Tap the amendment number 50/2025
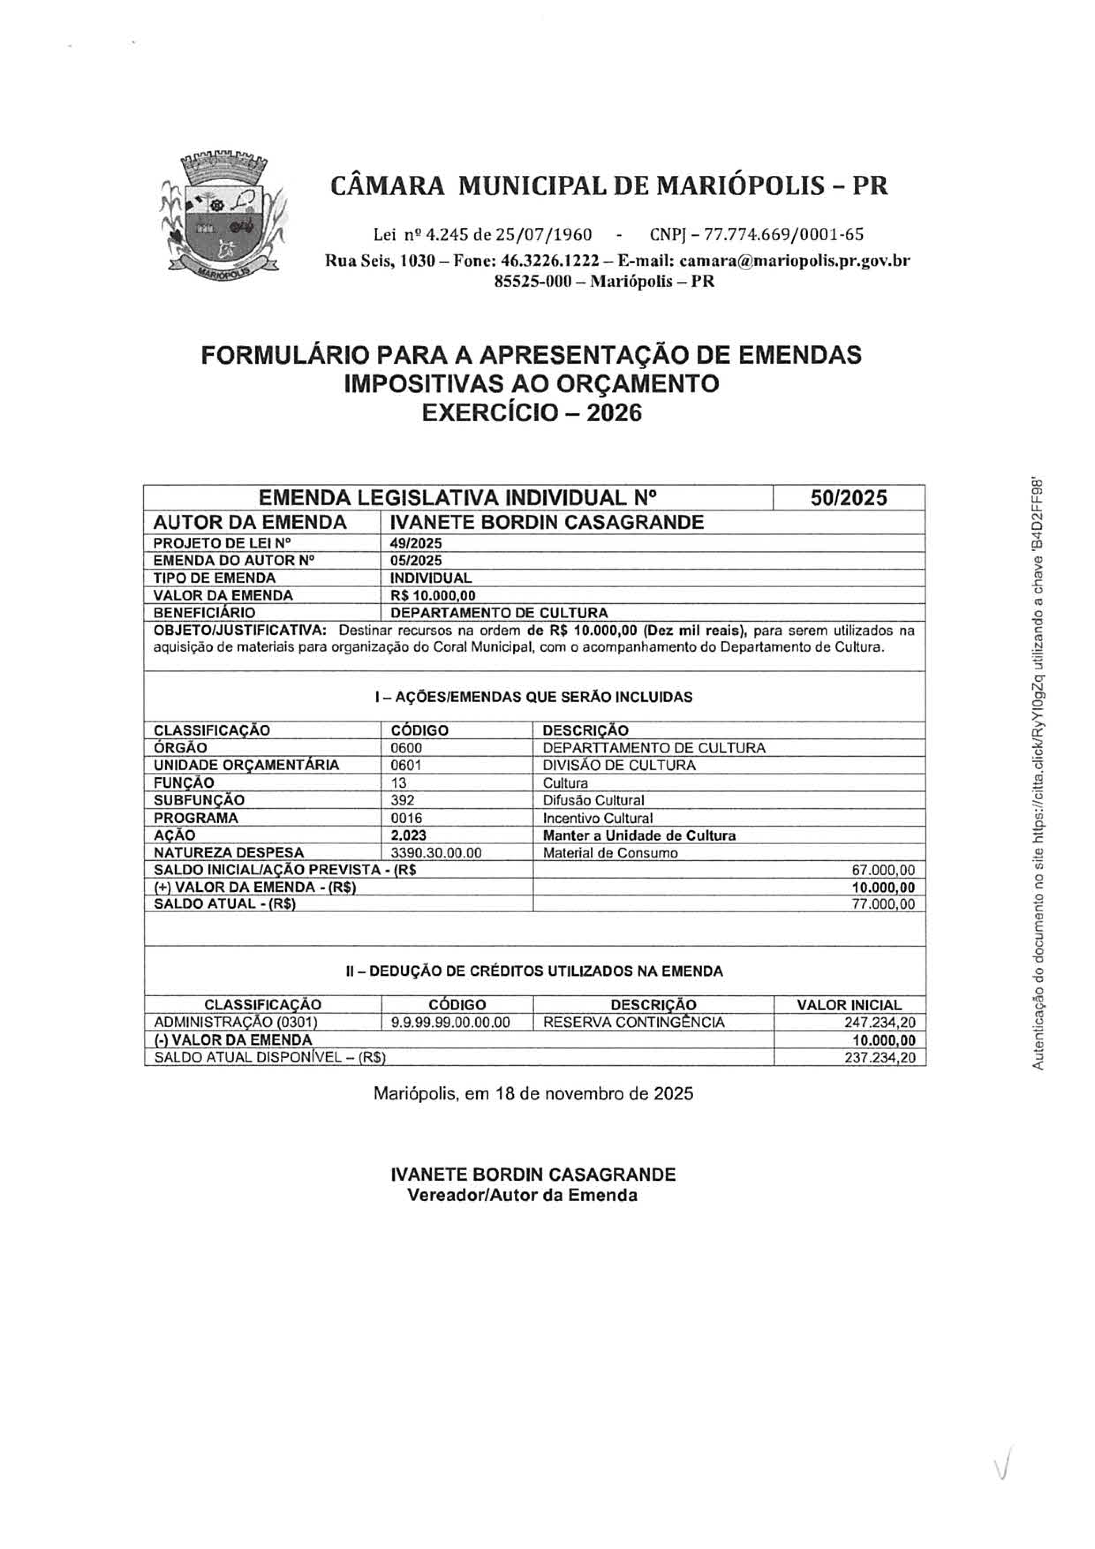(x=849, y=498)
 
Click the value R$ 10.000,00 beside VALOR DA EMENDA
(x=432, y=595)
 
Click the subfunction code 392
(x=403, y=800)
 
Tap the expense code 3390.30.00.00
(x=436, y=853)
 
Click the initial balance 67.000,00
(x=884, y=870)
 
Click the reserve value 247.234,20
(x=880, y=1023)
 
